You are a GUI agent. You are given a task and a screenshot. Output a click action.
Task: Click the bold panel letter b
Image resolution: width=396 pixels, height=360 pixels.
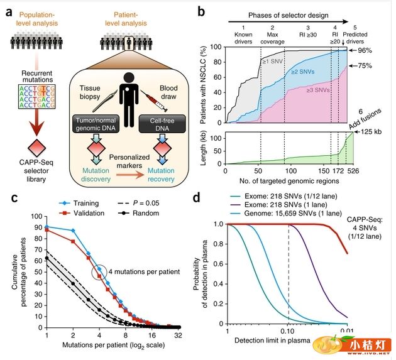(x=218, y=10)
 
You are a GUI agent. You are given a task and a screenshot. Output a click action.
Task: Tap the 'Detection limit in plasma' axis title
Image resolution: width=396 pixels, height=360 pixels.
(x=287, y=341)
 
